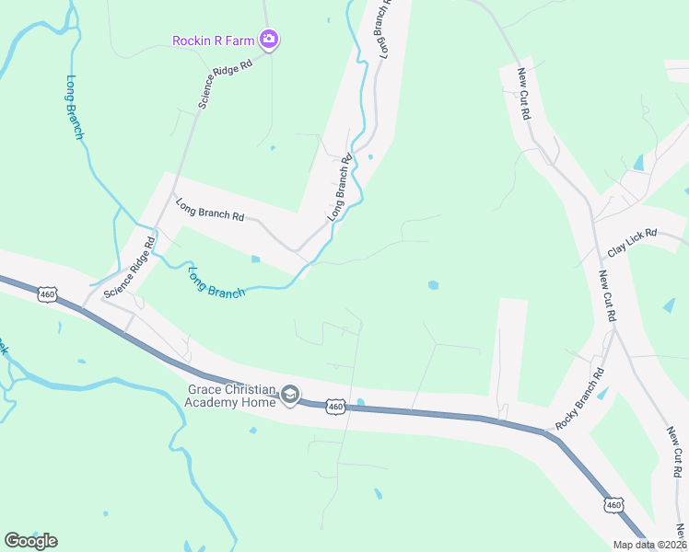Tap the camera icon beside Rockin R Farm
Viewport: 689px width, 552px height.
pos(269,39)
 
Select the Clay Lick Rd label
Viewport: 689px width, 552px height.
pos(631,243)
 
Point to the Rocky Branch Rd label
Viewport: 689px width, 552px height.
pos(579,399)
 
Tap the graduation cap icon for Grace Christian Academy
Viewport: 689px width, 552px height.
pos(290,396)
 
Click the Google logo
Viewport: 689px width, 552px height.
pos(30,541)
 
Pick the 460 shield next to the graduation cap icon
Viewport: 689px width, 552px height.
pos(336,406)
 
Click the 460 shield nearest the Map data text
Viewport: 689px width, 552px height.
pos(615,504)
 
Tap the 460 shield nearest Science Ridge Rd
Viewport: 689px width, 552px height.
pos(48,294)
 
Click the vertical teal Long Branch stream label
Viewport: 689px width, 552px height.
pos(76,107)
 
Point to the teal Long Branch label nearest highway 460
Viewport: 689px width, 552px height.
pos(216,283)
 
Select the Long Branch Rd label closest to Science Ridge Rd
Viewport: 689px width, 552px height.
pos(209,210)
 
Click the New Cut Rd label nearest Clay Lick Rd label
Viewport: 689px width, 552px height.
pos(607,296)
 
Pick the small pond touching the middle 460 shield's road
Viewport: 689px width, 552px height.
pos(360,402)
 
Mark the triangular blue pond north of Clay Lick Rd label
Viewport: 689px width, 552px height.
pos(638,163)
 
